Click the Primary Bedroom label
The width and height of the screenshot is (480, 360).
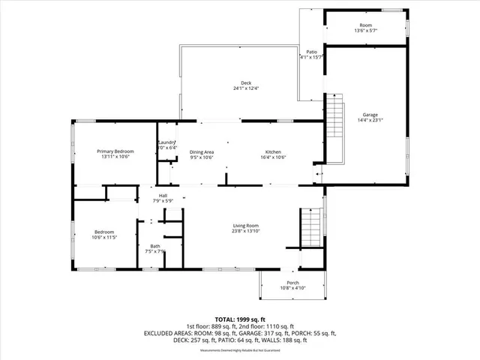[x=114, y=151]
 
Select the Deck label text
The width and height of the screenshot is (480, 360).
[x=245, y=82]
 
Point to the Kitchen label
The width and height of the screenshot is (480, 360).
[x=272, y=151]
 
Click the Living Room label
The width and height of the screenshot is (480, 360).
[x=244, y=226]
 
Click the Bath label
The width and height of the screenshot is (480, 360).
[x=154, y=246]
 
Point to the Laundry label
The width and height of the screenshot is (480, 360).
[x=166, y=142]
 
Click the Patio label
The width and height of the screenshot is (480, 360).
[x=311, y=52]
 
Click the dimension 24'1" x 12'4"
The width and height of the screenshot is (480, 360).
[x=245, y=88]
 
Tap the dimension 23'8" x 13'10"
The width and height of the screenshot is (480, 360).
[x=244, y=232]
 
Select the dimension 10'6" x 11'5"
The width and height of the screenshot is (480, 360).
[x=105, y=238]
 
